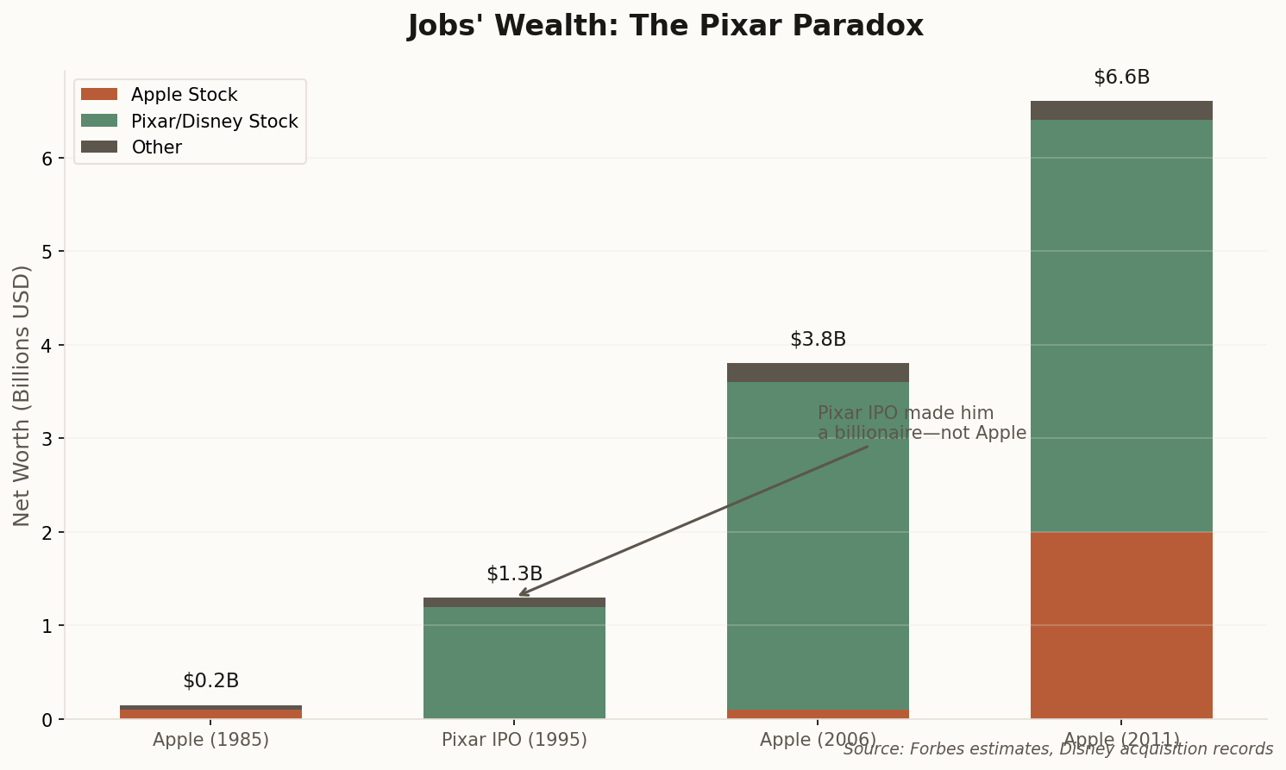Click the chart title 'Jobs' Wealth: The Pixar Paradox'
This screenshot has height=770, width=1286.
[x=665, y=26]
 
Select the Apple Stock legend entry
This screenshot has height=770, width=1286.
[x=184, y=95]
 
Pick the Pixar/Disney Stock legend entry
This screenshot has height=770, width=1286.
[x=214, y=122]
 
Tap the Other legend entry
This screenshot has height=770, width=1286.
[x=156, y=147]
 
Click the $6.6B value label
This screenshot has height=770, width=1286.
[x=1121, y=78]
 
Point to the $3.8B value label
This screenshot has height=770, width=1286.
[x=818, y=340]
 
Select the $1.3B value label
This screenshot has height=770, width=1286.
[x=514, y=574]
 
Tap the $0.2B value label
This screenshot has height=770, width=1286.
[x=210, y=681]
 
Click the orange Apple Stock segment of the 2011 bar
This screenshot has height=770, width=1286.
[x=1121, y=625]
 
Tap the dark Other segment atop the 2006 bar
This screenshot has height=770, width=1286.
[x=818, y=372]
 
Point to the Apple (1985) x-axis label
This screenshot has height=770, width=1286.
[x=210, y=740]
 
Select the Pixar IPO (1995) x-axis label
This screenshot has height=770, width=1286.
[x=514, y=740]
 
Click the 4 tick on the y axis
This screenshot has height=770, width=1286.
[x=48, y=346]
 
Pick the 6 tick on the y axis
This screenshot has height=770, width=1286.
[x=48, y=159]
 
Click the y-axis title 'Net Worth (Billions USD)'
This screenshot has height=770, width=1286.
[x=22, y=395]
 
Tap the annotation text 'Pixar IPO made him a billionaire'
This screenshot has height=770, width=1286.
[x=921, y=423]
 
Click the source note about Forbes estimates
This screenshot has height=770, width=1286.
[x=1058, y=749]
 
